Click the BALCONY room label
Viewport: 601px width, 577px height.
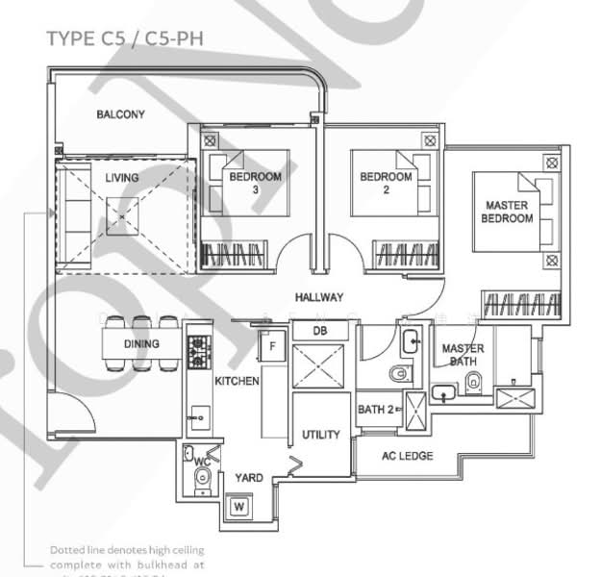coord(120,114)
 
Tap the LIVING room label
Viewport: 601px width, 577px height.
coord(122,178)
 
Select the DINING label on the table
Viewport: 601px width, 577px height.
coord(141,344)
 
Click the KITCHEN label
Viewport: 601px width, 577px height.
coord(237,382)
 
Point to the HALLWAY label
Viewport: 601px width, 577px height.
coord(319,298)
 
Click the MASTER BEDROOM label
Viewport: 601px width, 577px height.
coord(508,213)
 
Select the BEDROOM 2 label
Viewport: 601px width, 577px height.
coord(386,184)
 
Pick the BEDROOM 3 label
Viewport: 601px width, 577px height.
coord(255,184)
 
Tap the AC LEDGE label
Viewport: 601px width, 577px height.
coord(408,456)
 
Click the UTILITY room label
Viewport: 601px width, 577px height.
coord(321,435)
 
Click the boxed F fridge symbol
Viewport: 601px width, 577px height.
coord(272,344)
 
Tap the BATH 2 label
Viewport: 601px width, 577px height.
coord(375,411)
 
